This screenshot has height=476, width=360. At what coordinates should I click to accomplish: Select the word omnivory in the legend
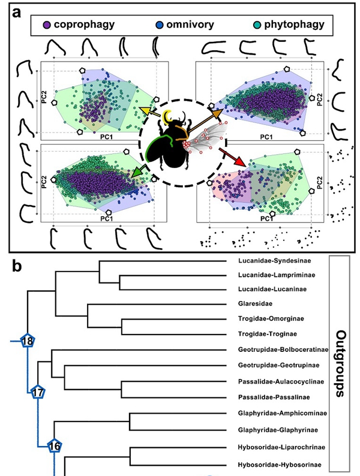(x=188, y=25)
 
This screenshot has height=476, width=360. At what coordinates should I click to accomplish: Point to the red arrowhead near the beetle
(x=239, y=162)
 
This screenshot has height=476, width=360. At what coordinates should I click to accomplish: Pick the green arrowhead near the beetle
(x=137, y=174)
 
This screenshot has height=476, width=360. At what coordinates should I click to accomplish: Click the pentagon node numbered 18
(x=27, y=341)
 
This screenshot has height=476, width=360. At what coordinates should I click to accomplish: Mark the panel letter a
(x=19, y=11)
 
